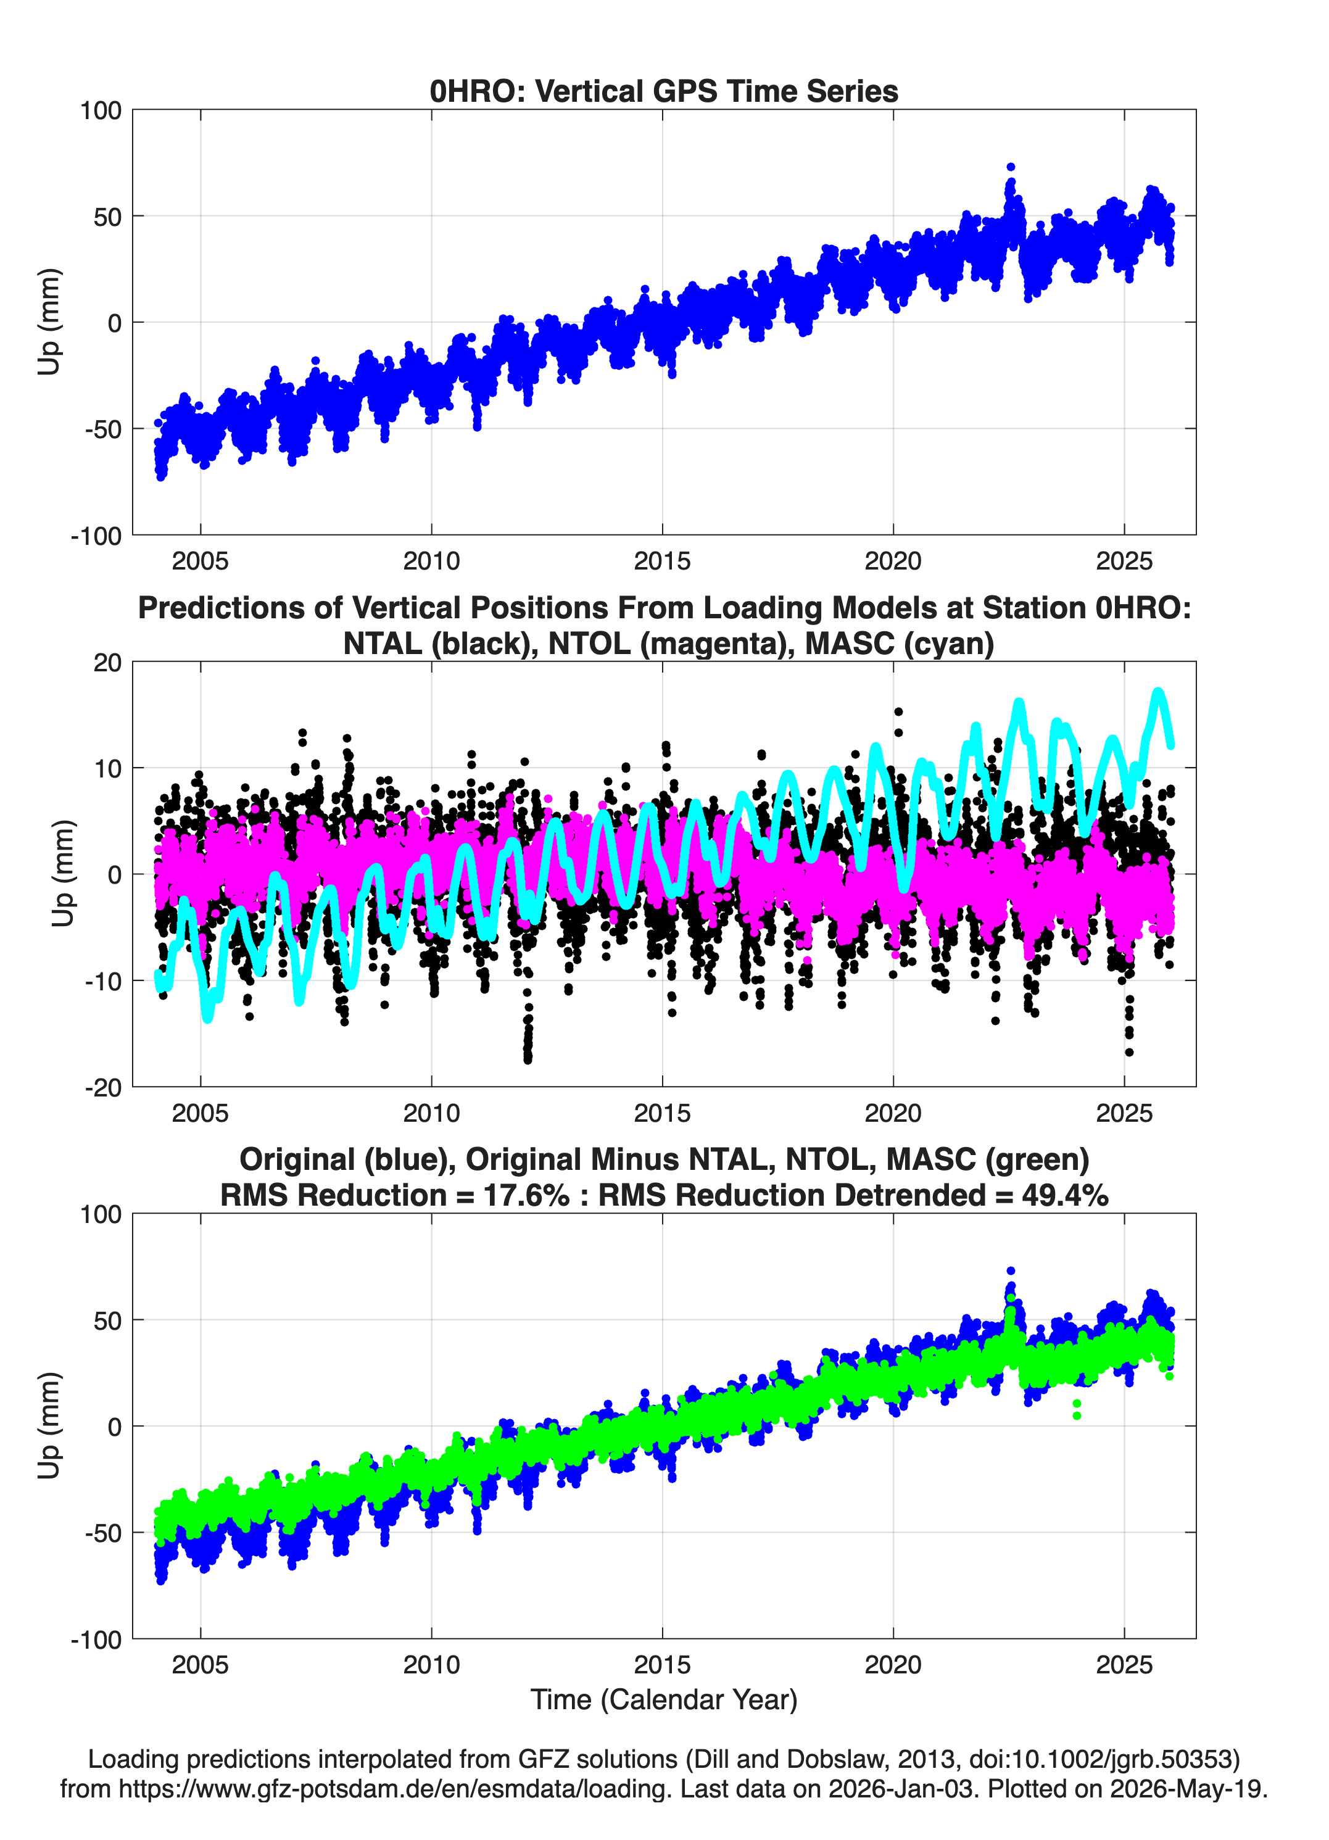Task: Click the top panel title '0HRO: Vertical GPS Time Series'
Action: pos(664,91)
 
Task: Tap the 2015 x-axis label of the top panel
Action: pos(662,561)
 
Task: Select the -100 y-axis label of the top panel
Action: pos(96,536)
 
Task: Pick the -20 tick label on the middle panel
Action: pos(103,1087)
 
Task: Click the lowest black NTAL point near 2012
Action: pos(528,1059)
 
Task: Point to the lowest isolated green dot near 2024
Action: pos(1077,1415)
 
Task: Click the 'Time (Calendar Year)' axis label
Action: pos(664,1699)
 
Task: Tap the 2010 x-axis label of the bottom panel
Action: pos(432,1665)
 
